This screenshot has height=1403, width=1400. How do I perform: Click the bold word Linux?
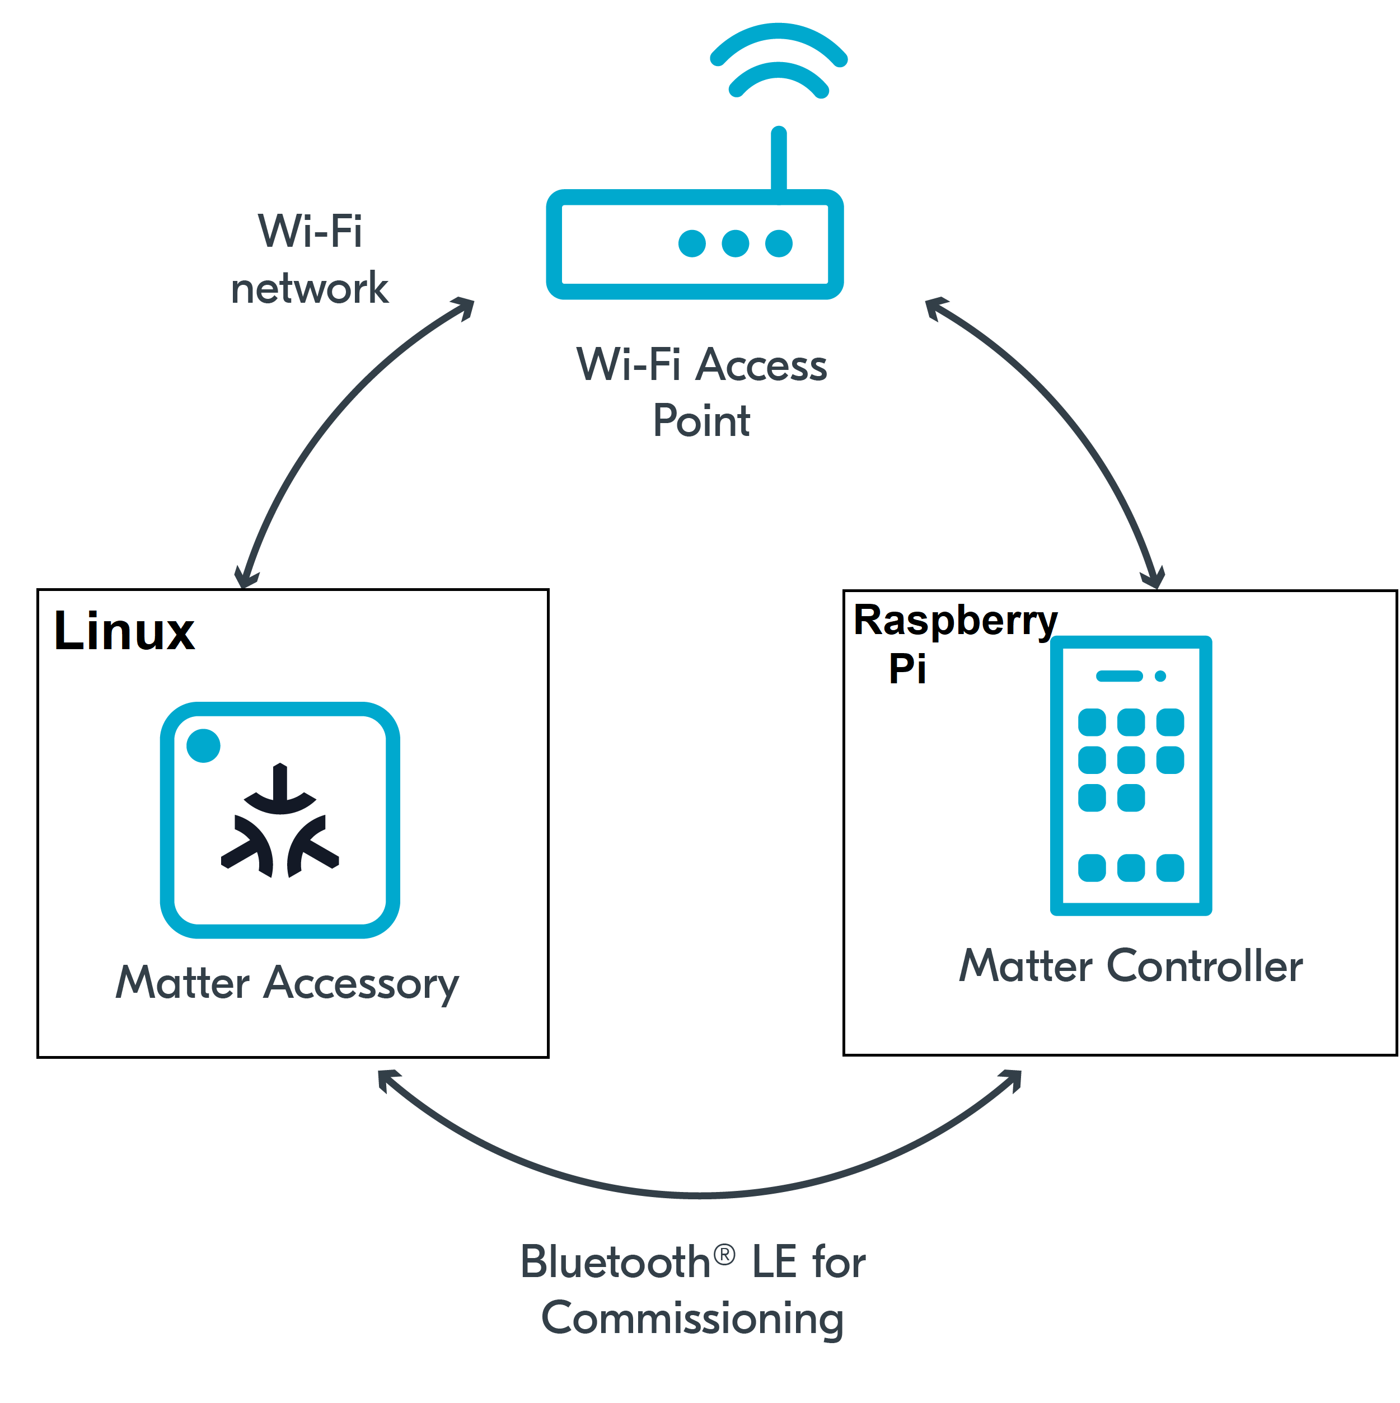[124, 631]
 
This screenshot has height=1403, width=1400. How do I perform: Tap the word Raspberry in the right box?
[954, 621]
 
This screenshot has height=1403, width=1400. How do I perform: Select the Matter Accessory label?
[287, 983]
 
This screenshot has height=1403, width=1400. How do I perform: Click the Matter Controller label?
[1130, 966]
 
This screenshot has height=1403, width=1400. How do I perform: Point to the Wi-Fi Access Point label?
[701, 392]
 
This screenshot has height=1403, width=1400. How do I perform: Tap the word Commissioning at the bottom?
[692, 1318]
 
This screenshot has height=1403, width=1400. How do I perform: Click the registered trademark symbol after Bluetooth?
[724, 1254]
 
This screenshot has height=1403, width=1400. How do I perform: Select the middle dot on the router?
[734, 243]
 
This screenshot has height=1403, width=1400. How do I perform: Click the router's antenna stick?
[778, 159]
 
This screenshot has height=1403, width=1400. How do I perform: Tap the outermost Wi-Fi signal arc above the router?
[778, 32]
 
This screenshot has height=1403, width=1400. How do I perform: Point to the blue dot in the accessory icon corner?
[203, 745]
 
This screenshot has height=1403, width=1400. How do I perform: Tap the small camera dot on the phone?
[1160, 676]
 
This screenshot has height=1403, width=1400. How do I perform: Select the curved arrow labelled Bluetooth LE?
[700, 1195]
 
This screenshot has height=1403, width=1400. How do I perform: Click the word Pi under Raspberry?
[907, 668]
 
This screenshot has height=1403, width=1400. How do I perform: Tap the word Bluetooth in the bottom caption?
[615, 1262]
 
